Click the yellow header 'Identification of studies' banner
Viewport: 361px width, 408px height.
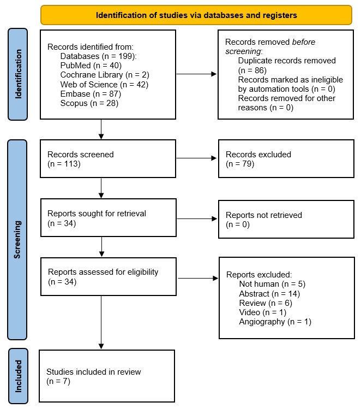(196, 15)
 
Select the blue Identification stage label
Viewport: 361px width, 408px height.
(19, 74)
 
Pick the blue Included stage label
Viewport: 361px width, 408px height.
(19, 376)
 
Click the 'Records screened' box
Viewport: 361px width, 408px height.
(108, 159)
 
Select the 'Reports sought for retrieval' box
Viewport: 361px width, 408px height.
(108, 218)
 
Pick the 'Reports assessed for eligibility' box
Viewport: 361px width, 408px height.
(109, 276)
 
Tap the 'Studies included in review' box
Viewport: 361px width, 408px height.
(107, 376)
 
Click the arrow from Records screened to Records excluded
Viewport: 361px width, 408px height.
(196, 159)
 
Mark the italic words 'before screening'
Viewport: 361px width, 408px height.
(270, 46)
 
